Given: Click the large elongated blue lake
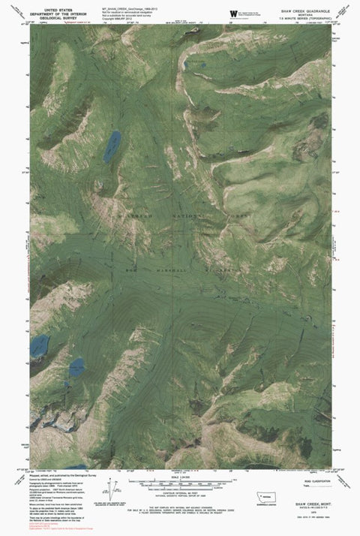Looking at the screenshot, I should (112, 145).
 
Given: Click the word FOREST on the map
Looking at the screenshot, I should (234, 216).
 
